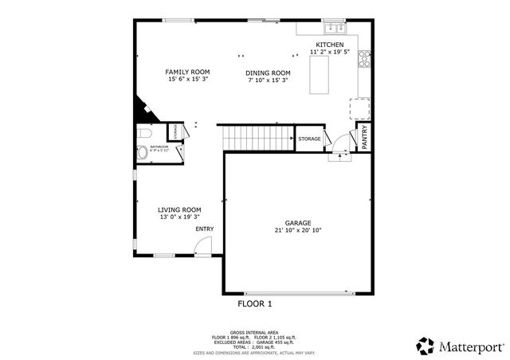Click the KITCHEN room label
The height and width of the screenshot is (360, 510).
click(x=330, y=45)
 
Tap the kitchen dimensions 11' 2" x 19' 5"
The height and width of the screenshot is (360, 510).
click(x=330, y=53)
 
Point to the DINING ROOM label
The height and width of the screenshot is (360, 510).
click(x=268, y=72)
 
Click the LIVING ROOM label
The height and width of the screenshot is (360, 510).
click(x=179, y=209)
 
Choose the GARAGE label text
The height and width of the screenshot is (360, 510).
click(x=298, y=223)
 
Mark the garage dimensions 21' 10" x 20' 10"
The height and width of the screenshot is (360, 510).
click(x=298, y=231)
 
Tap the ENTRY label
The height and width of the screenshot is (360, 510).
click(x=205, y=229)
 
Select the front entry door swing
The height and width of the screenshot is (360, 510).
click(x=204, y=247)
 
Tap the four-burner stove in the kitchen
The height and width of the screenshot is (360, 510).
click(x=365, y=57)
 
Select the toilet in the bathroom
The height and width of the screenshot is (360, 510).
click(x=141, y=133)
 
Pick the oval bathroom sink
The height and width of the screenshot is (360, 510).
click(x=142, y=153)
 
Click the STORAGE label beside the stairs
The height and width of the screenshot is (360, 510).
click(x=309, y=139)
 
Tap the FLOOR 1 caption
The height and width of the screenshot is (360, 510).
click(x=255, y=304)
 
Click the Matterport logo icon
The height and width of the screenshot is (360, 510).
click(x=425, y=346)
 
